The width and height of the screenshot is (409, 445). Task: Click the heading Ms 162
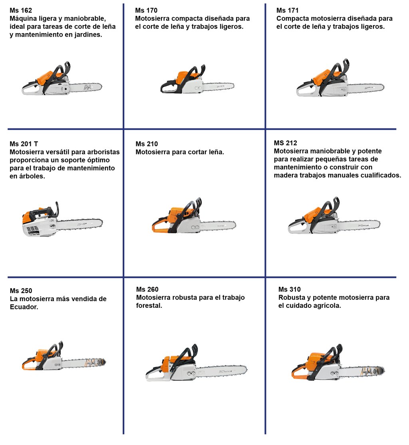(x=21, y=10)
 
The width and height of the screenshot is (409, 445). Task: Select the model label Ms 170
(x=146, y=10)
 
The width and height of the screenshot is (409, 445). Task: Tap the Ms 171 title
(x=287, y=10)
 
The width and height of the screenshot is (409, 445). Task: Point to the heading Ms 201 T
(x=24, y=144)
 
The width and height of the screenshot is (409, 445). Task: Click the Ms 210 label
(x=147, y=144)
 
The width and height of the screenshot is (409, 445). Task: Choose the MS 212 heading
(x=285, y=143)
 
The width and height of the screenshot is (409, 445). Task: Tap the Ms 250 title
(x=21, y=291)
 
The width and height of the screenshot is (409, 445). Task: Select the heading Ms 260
(x=147, y=289)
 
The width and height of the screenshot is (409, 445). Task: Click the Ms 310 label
(x=289, y=289)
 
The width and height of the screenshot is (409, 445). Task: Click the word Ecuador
(x=24, y=307)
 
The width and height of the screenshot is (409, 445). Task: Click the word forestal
(x=149, y=306)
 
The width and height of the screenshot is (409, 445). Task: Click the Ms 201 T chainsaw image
(x=62, y=220)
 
